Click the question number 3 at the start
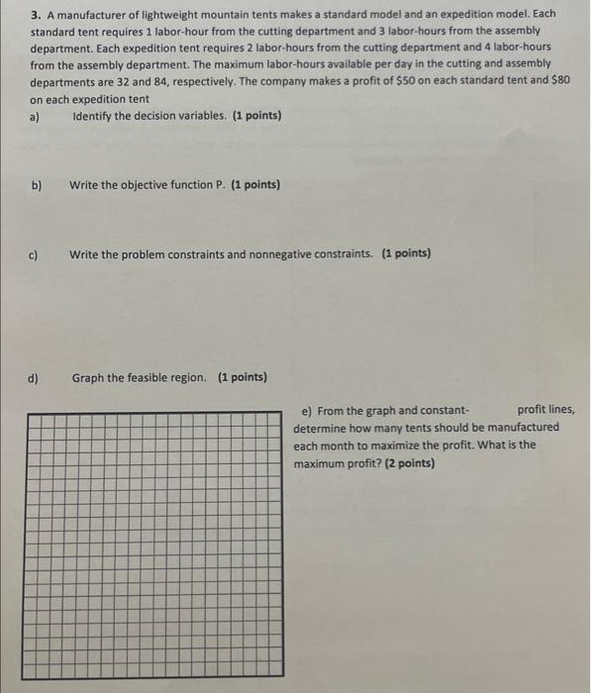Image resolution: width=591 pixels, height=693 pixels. (x=34, y=15)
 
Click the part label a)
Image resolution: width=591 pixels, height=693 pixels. (x=35, y=116)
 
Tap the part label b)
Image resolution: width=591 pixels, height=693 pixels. (x=37, y=185)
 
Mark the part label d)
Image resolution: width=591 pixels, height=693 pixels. (x=36, y=377)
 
